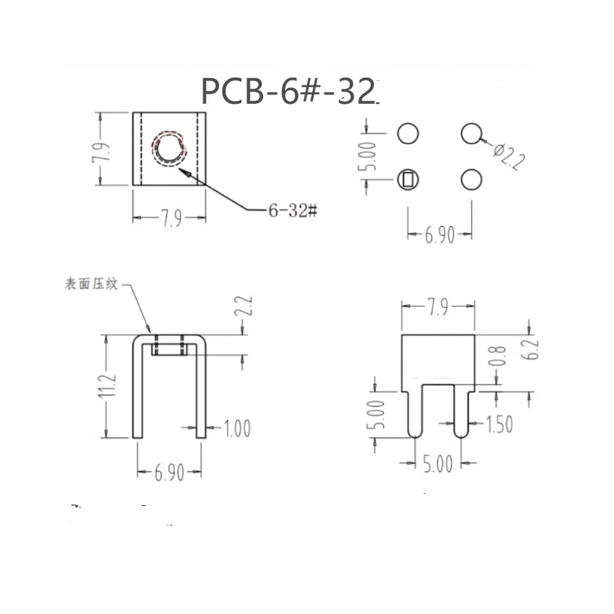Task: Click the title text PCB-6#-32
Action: point(288,92)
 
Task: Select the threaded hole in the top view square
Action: point(169,149)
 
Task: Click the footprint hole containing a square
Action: point(408,180)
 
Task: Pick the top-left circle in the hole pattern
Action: point(408,133)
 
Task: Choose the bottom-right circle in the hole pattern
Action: point(471,180)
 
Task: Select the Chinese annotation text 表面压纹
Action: point(90,285)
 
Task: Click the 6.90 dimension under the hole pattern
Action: point(440,235)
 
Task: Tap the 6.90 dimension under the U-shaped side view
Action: point(169,473)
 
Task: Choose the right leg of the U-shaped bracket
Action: point(201,387)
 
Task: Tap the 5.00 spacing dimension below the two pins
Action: point(438,464)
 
